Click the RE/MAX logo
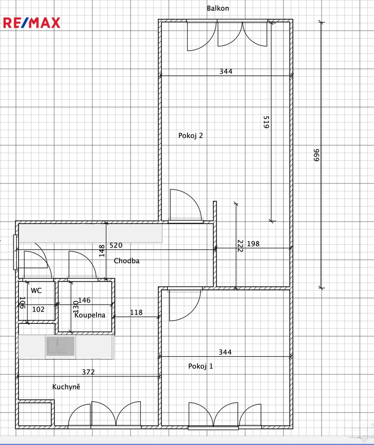pos(31,23)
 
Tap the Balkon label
pos(218,8)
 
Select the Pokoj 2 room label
pos(191,136)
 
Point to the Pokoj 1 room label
pos(201,366)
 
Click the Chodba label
pos(127,261)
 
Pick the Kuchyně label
pos(66,386)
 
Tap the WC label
pos(36,290)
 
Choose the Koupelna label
pos(90,315)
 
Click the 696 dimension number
pos(316,155)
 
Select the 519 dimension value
pos(266,122)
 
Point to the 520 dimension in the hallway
pos(116,245)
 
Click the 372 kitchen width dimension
pos(88,372)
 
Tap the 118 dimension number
pos(136,312)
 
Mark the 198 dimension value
pos(253,244)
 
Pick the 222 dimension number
pos(240,246)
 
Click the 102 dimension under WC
pos(38,309)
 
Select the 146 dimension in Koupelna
pos(84,300)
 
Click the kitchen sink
pos(61,346)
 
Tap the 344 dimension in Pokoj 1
pos(225,352)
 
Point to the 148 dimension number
pos(102,251)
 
